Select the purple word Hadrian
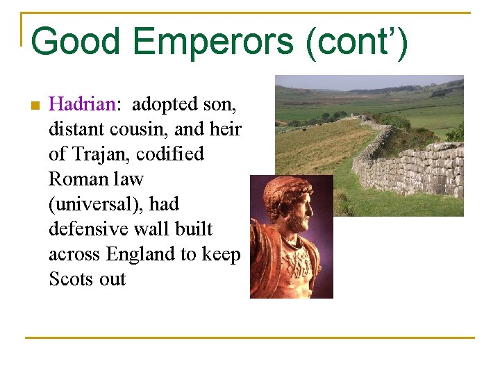tap(82, 105)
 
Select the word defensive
tap(83, 229)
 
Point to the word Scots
tap(70, 279)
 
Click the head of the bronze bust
tap(288, 201)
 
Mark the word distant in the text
tap(72, 129)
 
